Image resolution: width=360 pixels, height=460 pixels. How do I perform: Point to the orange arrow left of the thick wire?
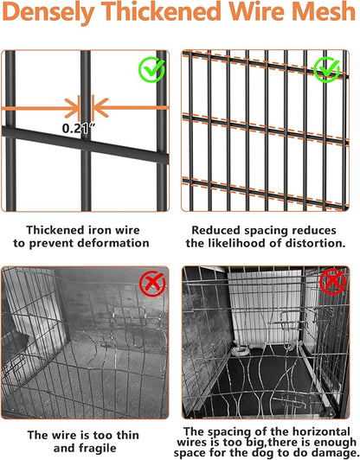coord(39,107)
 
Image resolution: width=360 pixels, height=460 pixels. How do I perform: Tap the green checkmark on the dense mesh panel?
coord(328,69)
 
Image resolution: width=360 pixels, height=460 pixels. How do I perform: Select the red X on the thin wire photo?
coord(152,282)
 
